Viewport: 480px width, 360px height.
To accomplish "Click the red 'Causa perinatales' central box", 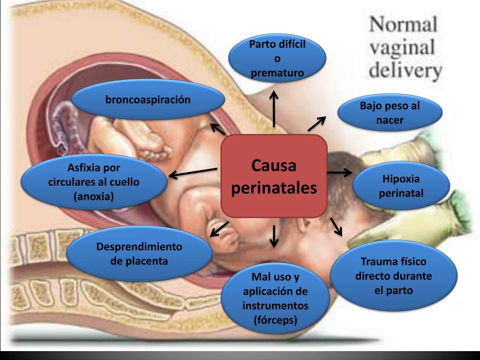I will (274, 177).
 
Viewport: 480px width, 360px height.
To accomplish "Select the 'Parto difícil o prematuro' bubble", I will (277, 59).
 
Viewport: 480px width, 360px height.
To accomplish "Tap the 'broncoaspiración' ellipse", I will (148, 100).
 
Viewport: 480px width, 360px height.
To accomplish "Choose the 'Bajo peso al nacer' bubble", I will (390, 113).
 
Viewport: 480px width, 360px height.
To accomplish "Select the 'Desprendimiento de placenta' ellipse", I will (139, 254).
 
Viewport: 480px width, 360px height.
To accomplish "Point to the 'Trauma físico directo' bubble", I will (393, 276).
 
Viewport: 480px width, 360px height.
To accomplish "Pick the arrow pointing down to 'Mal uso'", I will (274, 235).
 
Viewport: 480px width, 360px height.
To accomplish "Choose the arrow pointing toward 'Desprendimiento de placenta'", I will (219, 229).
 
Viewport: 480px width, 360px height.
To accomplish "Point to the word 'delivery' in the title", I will (405, 70).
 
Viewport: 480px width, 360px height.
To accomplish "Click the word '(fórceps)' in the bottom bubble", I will (275, 321).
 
